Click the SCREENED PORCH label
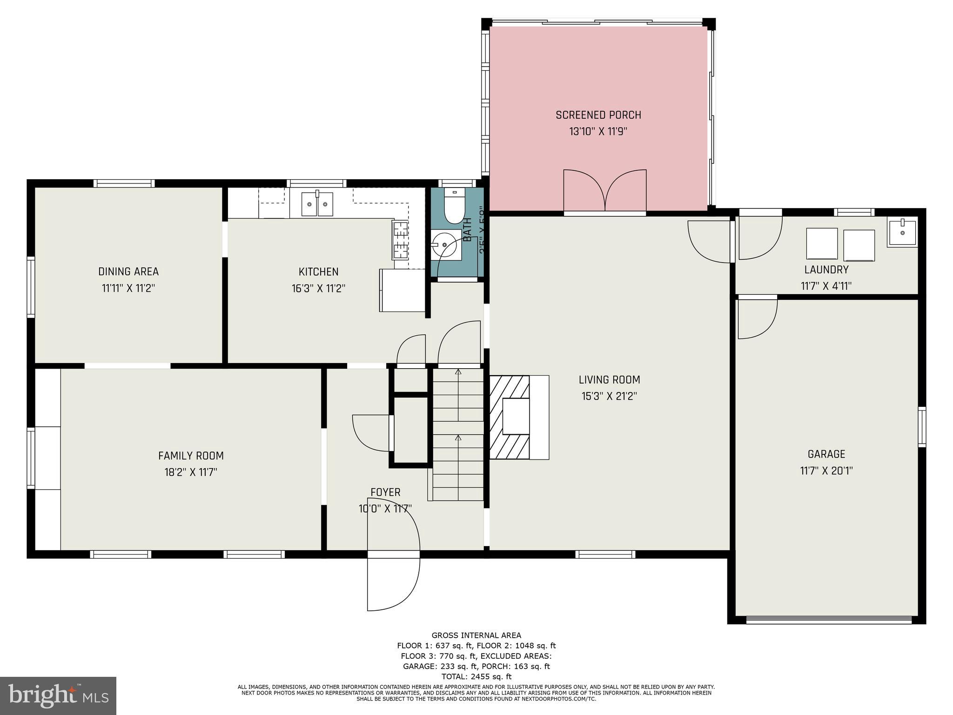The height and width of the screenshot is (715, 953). (x=598, y=115)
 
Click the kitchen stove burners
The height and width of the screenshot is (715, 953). (x=400, y=240)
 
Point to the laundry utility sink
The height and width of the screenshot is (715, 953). (x=902, y=232)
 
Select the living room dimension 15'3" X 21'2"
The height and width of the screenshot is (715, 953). (x=609, y=397)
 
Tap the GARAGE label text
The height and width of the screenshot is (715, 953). (x=826, y=454)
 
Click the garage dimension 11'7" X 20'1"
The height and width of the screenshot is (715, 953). (x=826, y=471)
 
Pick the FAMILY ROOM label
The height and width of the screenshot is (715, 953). (x=191, y=456)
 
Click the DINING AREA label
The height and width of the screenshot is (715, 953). (x=128, y=271)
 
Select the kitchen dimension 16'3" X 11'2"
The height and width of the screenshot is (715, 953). (x=318, y=289)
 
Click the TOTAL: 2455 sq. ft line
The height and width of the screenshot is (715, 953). (x=476, y=677)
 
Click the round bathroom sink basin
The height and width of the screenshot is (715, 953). (x=444, y=244)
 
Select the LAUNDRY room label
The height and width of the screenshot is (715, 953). (x=826, y=270)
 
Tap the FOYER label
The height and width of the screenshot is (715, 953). (x=385, y=492)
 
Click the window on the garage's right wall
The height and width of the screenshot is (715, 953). (x=921, y=427)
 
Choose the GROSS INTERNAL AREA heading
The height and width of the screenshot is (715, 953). (x=476, y=635)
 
